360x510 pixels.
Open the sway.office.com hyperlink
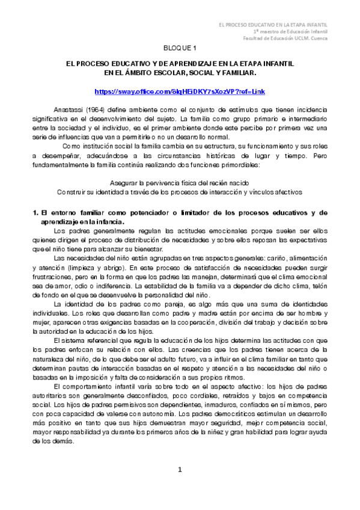180,91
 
